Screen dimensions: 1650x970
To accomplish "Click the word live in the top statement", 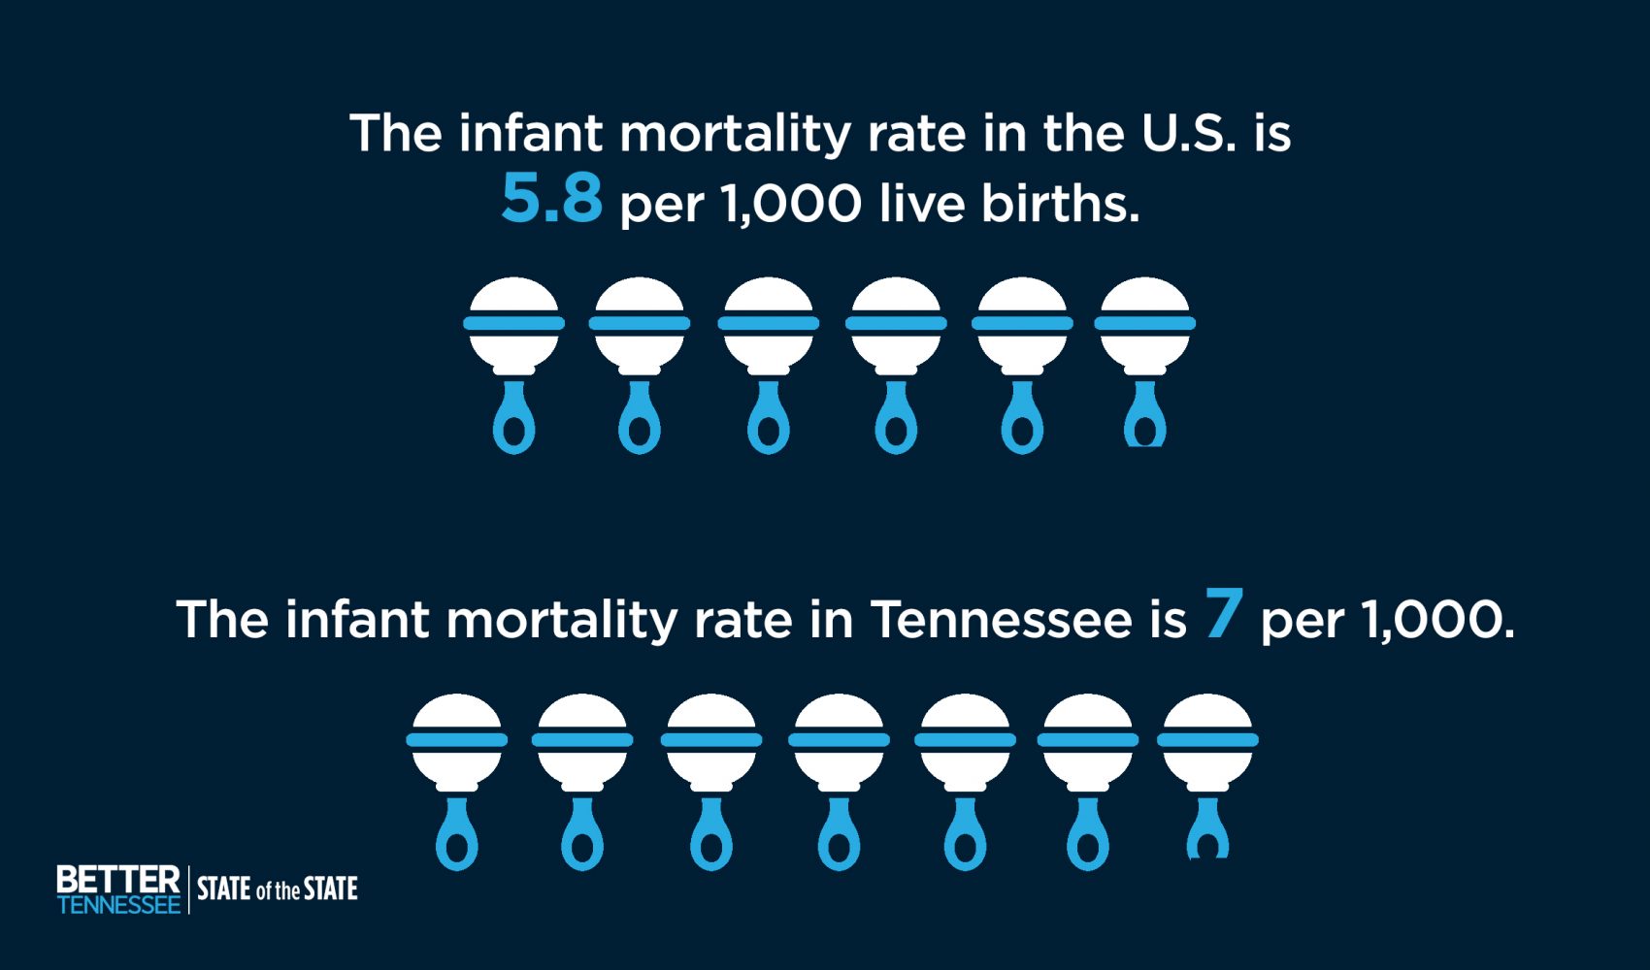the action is point(921,203).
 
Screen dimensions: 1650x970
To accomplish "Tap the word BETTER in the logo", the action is point(118,880).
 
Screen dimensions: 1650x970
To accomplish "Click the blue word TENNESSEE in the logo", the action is point(118,904).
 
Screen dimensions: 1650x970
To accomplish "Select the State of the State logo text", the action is point(277,889).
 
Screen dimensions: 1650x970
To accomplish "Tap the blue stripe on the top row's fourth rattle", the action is point(896,323).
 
